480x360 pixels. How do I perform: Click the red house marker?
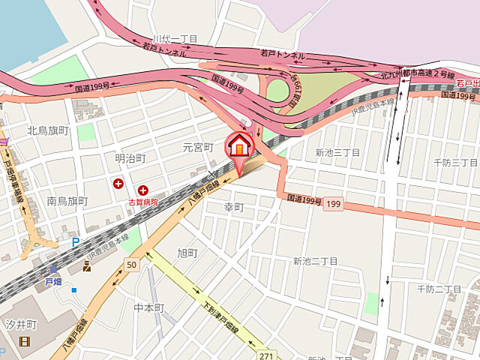(238, 145)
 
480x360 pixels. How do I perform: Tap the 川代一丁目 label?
(175, 39)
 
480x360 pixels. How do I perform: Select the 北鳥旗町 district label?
(48, 130)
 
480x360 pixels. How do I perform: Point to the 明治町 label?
(130, 158)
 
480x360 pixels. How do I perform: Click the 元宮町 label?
(199, 147)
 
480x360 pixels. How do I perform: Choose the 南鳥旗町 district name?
(67, 201)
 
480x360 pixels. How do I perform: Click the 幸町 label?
(235, 206)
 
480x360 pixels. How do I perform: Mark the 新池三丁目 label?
(337, 153)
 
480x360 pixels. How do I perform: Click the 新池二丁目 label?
(315, 261)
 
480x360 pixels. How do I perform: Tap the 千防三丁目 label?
(457, 162)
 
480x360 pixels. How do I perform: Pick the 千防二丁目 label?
(439, 289)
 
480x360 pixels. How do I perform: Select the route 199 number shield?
(334, 204)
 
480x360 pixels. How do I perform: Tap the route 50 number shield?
(132, 265)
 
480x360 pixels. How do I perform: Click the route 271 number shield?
(266, 352)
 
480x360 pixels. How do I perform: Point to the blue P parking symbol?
(75, 242)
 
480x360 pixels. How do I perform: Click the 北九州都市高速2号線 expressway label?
(418, 74)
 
